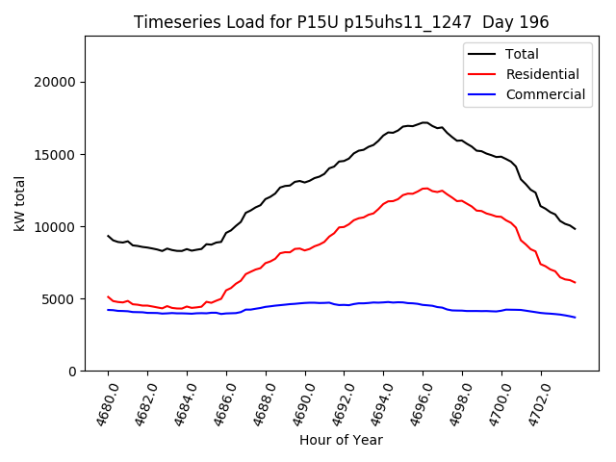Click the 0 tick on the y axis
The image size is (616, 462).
pos(72,372)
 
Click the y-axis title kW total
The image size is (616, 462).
pos(19,203)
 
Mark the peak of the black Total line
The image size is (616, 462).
pos(424,122)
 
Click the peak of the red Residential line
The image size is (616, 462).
pos(424,189)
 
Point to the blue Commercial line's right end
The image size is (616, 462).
pos(576,318)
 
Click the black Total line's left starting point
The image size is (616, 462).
pos(108,236)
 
